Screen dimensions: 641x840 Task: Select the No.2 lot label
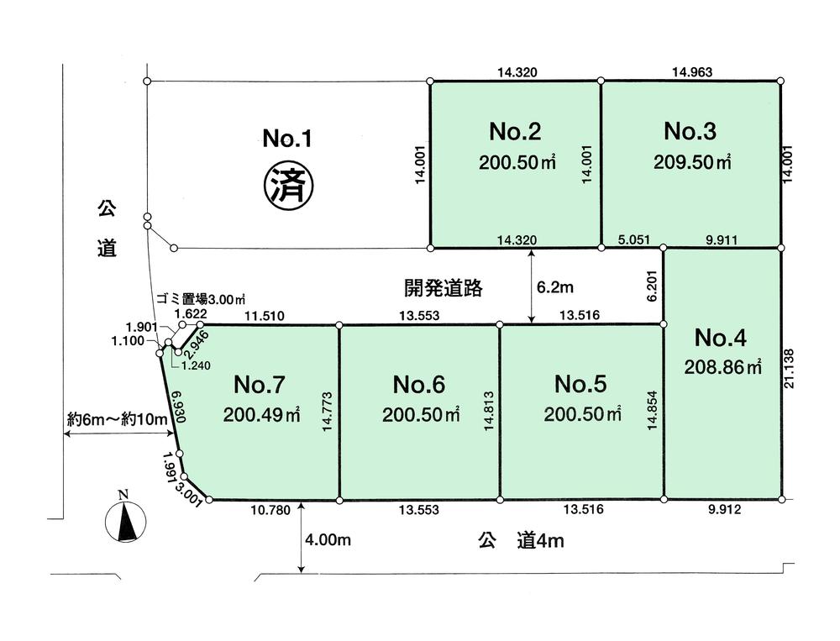(x=514, y=132)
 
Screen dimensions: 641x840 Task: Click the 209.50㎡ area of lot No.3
(x=692, y=163)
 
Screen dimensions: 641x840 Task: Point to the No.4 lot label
(x=720, y=338)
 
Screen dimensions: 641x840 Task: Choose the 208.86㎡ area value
(x=723, y=367)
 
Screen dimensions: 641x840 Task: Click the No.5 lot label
(x=580, y=384)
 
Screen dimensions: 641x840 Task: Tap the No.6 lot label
(x=419, y=384)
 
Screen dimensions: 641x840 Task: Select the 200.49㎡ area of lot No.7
(x=261, y=415)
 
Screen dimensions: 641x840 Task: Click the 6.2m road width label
(x=554, y=288)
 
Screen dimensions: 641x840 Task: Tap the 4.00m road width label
(x=328, y=540)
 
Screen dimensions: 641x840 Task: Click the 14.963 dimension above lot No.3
(x=691, y=72)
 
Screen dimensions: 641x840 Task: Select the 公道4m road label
(x=522, y=541)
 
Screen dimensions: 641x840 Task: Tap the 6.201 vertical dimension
(x=649, y=286)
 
